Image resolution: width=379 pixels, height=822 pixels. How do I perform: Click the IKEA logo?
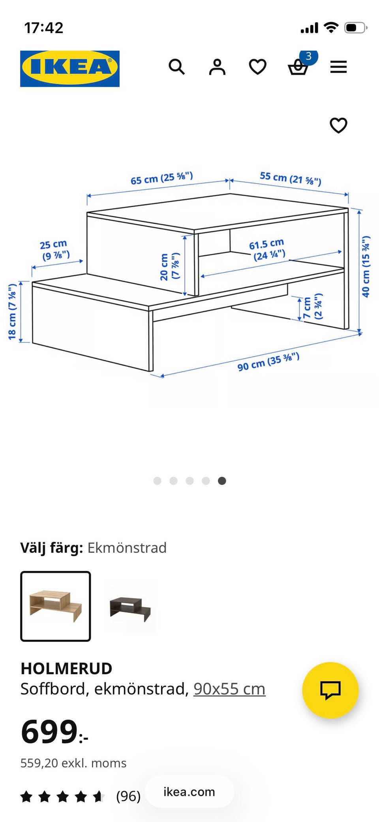click(x=70, y=68)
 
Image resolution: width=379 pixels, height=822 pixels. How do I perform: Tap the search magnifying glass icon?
click(x=176, y=67)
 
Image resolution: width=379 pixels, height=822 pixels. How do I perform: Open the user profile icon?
click(x=217, y=67)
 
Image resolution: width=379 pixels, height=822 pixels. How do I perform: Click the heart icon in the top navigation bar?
click(x=257, y=67)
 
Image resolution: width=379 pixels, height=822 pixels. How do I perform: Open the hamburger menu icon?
click(x=338, y=67)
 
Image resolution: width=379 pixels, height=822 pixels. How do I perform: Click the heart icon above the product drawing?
click(x=338, y=126)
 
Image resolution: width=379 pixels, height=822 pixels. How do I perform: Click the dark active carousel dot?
click(x=222, y=481)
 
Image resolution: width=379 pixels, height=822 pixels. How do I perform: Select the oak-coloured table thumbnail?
click(x=56, y=606)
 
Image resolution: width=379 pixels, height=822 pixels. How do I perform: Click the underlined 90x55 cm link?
click(x=229, y=689)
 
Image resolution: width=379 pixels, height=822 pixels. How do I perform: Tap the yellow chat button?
click(x=330, y=690)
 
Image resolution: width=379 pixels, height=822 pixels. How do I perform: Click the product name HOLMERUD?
click(x=66, y=669)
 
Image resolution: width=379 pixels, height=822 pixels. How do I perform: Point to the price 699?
click(x=49, y=732)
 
